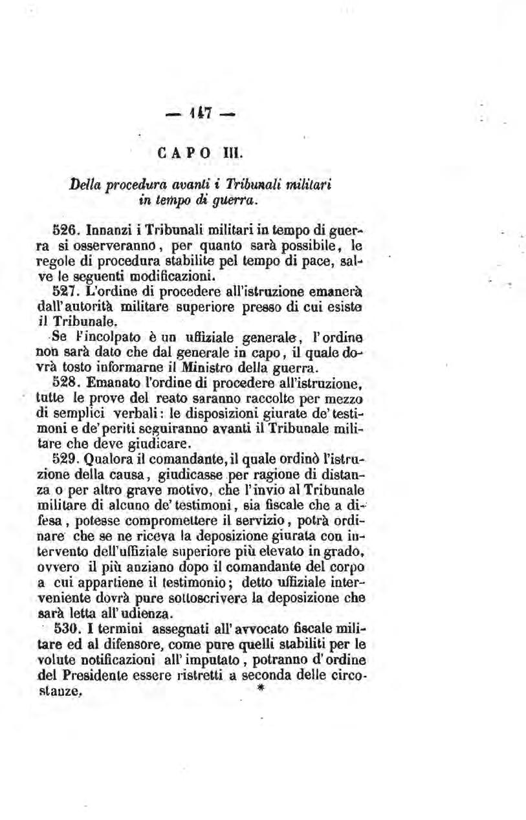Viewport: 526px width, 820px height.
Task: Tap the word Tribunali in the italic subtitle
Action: click(272, 183)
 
